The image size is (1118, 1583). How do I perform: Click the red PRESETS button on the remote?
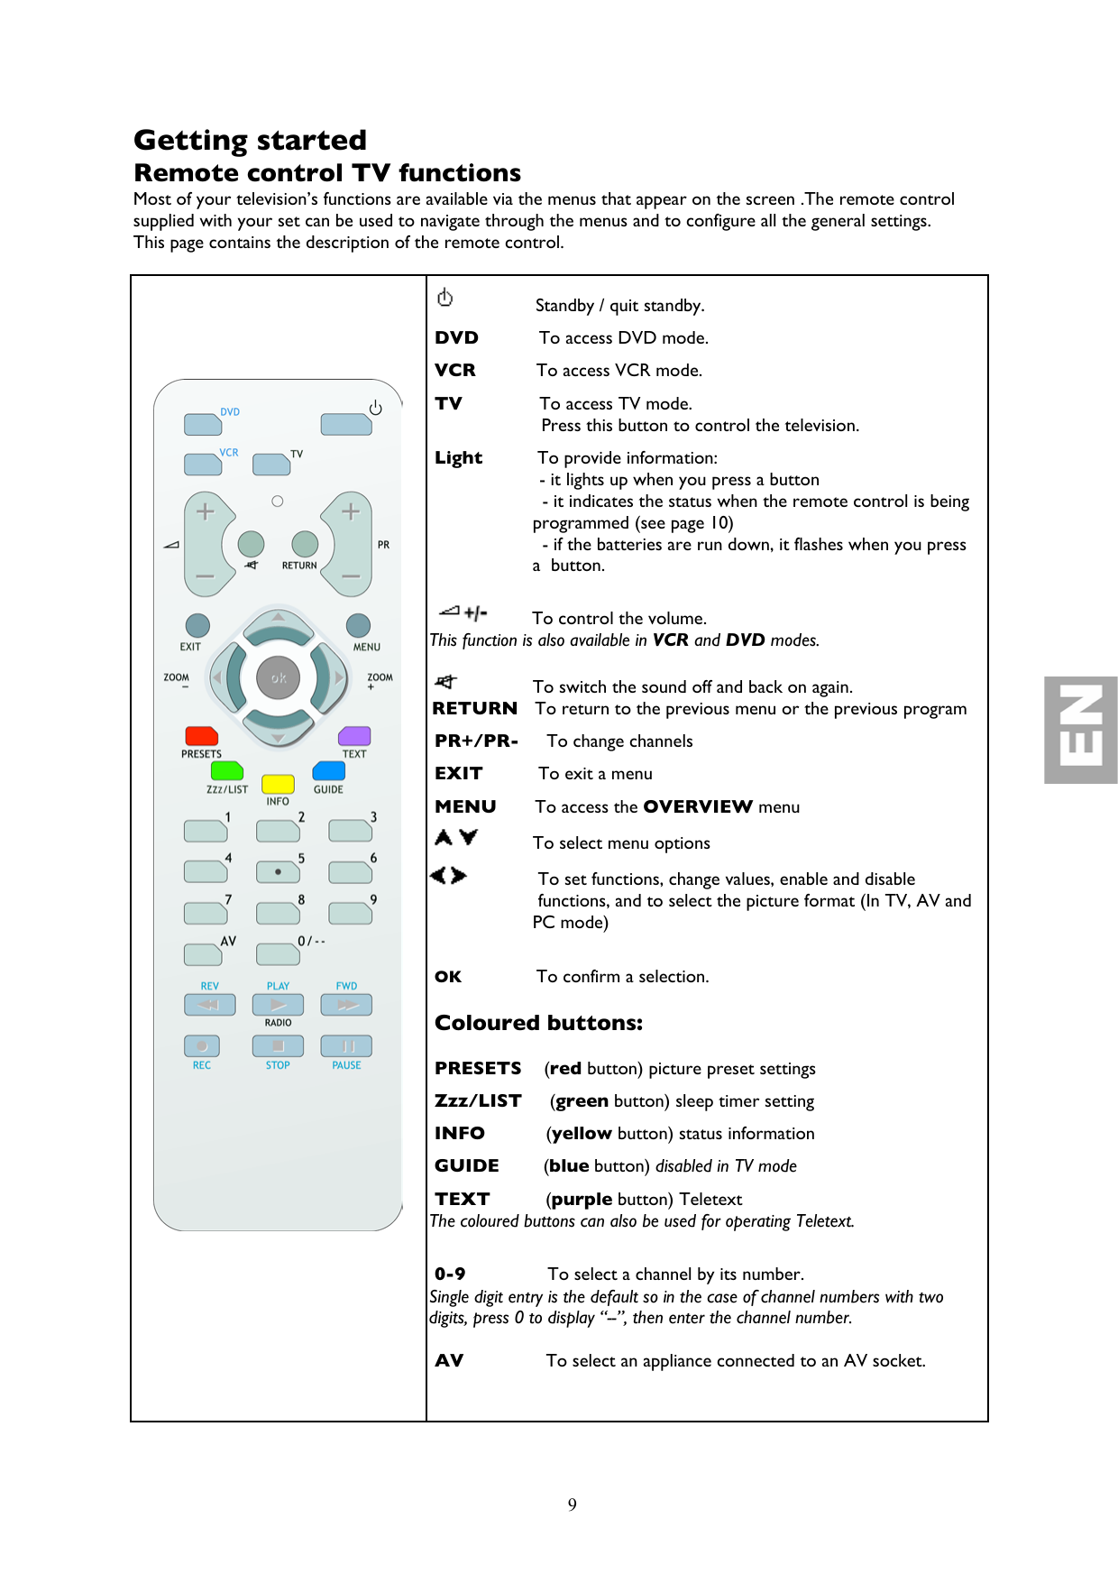point(201,736)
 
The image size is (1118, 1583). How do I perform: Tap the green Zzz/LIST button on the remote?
point(227,770)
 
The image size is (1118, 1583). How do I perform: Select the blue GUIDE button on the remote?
point(329,770)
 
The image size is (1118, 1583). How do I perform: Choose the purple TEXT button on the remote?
point(354,736)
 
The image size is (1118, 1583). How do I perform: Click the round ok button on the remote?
point(279,677)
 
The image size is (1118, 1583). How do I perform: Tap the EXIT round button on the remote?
point(197,625)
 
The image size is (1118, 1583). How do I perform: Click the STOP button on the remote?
point(278,1045)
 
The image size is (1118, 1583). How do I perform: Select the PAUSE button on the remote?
point(347,1045)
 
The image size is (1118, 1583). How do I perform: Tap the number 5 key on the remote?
point(278,871)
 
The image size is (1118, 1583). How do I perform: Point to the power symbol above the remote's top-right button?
point(375,408)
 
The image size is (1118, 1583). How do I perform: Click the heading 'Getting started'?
point(250,140)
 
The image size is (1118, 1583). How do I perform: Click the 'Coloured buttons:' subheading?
point(538,1023)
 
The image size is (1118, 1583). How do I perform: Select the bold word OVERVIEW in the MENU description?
point(698,806)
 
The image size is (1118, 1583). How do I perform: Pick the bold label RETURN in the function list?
point(474,708)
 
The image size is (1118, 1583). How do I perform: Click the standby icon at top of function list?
point(445,298)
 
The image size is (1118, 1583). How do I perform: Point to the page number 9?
point(573,1504)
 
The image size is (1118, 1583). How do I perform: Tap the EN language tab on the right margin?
point(1081,730)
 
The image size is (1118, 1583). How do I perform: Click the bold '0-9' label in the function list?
point(450,1274)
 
